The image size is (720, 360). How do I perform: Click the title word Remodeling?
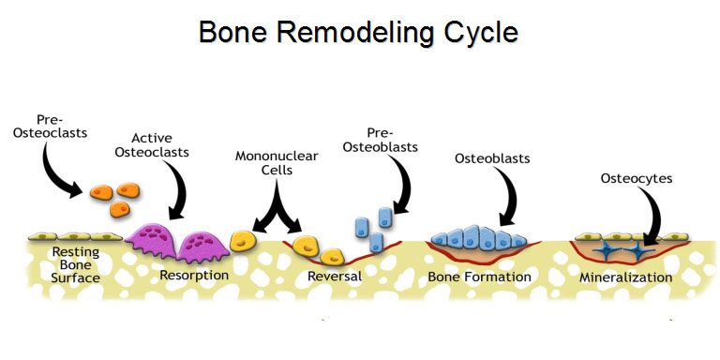355,33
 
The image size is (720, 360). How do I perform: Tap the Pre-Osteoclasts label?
50,127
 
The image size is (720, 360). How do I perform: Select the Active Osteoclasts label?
152,145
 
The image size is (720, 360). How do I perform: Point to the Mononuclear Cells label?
277,162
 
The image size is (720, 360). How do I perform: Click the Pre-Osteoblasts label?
381,140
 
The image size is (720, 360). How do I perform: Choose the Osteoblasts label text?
492,158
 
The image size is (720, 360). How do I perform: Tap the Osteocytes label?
637,178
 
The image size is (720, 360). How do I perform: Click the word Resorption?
194,276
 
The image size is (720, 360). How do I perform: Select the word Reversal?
335,277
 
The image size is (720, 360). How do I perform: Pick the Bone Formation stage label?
479,277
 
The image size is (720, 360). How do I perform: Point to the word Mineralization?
625,277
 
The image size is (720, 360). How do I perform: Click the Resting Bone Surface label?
76,265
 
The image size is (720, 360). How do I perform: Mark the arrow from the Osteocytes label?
652,216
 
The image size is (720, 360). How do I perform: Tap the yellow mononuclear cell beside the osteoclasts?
242,241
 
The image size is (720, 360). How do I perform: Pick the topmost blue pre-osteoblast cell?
385,217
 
